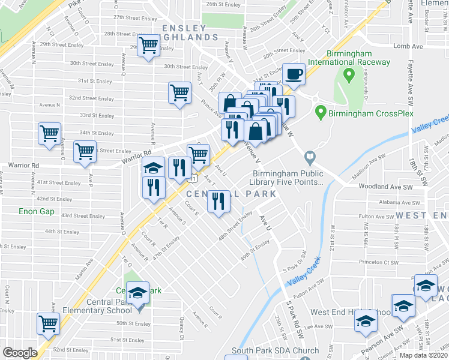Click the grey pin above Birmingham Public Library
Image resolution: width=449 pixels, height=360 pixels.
point(310,158)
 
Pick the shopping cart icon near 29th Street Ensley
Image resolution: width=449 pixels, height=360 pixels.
point(148,46)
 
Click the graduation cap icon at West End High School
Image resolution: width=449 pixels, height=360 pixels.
point(364,322)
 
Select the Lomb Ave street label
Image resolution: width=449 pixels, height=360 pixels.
point(405,46)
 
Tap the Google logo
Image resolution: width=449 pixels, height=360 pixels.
point(19,352)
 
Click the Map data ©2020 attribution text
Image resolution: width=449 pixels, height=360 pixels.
point(424,355)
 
